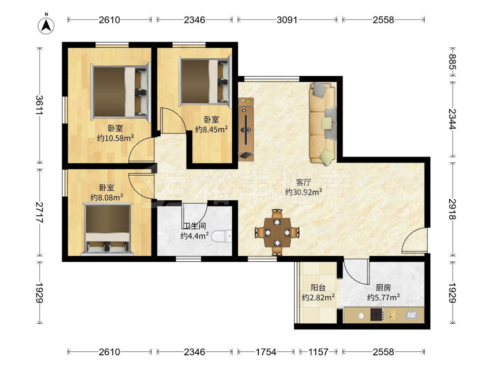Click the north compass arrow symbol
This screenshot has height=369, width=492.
pos(46,26)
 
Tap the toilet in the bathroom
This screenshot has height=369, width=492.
pos(221,237)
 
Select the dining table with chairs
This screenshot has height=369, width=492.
pos(277,232)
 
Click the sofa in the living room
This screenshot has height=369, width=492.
pos(323,123)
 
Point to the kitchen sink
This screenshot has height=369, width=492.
pos(411,314)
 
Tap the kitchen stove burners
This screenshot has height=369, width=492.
pos(377,314)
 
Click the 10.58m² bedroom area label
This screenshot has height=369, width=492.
pos(116,138)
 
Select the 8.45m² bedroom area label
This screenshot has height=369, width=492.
pos(212,129)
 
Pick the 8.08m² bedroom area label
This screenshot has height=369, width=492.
pos(107,197)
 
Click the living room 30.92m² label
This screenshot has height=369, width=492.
pos(304,192)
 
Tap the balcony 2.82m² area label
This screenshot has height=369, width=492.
pos(318,297)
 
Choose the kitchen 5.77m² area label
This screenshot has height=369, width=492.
pos(383,297)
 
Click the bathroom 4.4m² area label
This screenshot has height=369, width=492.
pos(194,236)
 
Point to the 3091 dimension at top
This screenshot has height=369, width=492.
pos(287,20)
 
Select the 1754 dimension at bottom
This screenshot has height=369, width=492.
pos(266,352)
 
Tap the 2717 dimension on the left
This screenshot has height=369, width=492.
pos(39,213)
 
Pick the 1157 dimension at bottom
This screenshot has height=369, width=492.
pos(318,352)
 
